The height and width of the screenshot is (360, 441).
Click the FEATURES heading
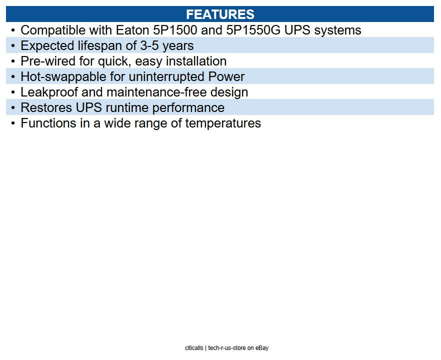click(220, 14)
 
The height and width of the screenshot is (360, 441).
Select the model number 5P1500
click(175, 30)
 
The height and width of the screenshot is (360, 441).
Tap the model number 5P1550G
click(253, 30)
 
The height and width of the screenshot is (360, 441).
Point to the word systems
click(337, 31)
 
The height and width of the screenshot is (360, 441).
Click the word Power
click(226, 77)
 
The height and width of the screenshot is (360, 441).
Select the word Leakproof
click(49, 92)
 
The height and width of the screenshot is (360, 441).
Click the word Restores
click(46, 107)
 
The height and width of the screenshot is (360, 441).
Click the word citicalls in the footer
click(194, 348)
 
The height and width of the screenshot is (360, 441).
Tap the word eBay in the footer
click(262, 348)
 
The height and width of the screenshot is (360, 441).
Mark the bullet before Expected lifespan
click(13, 46)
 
